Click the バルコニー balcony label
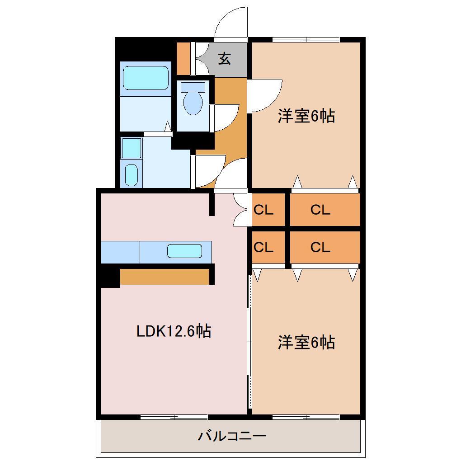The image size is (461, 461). coord(232,437)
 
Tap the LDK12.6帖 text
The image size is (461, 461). coord(174,332)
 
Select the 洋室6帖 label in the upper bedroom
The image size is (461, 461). coord(306,117)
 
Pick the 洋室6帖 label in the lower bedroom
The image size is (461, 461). coord(306,343)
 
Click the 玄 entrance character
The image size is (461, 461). coord(225,59)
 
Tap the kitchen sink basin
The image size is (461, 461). coord(184,251)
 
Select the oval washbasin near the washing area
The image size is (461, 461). coord(131,174)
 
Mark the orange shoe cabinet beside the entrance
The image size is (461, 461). coord(183,58)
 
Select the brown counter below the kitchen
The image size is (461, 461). coord(165,277)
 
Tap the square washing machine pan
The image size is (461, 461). coord(132,148)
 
